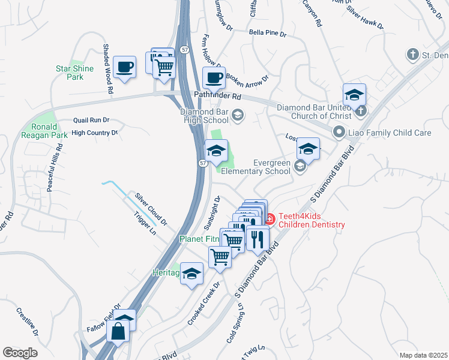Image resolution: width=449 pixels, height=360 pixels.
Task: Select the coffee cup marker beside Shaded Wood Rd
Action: (124, 67)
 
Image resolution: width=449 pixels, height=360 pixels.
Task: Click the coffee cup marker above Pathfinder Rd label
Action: (214, 77)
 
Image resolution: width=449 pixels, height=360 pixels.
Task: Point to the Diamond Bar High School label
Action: (205, 116)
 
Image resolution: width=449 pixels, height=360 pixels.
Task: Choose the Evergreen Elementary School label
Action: (256, 167)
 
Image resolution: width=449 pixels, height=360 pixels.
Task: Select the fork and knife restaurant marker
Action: (258, 238)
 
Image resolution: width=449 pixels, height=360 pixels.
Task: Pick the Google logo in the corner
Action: (20, 353)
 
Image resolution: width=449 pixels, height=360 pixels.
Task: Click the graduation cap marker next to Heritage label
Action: (191, 274)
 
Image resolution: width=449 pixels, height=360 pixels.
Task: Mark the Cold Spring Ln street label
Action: (235, 325)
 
